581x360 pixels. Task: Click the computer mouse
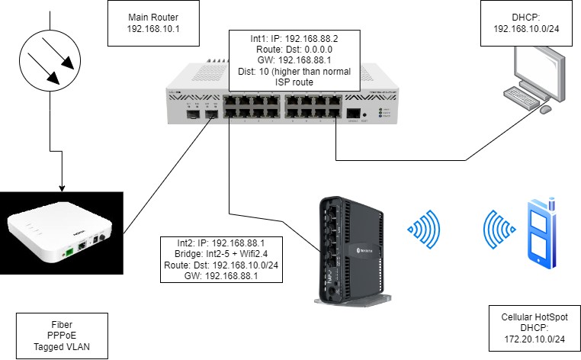pos(545,110)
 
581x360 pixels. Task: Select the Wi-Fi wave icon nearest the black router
pos(425,227)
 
